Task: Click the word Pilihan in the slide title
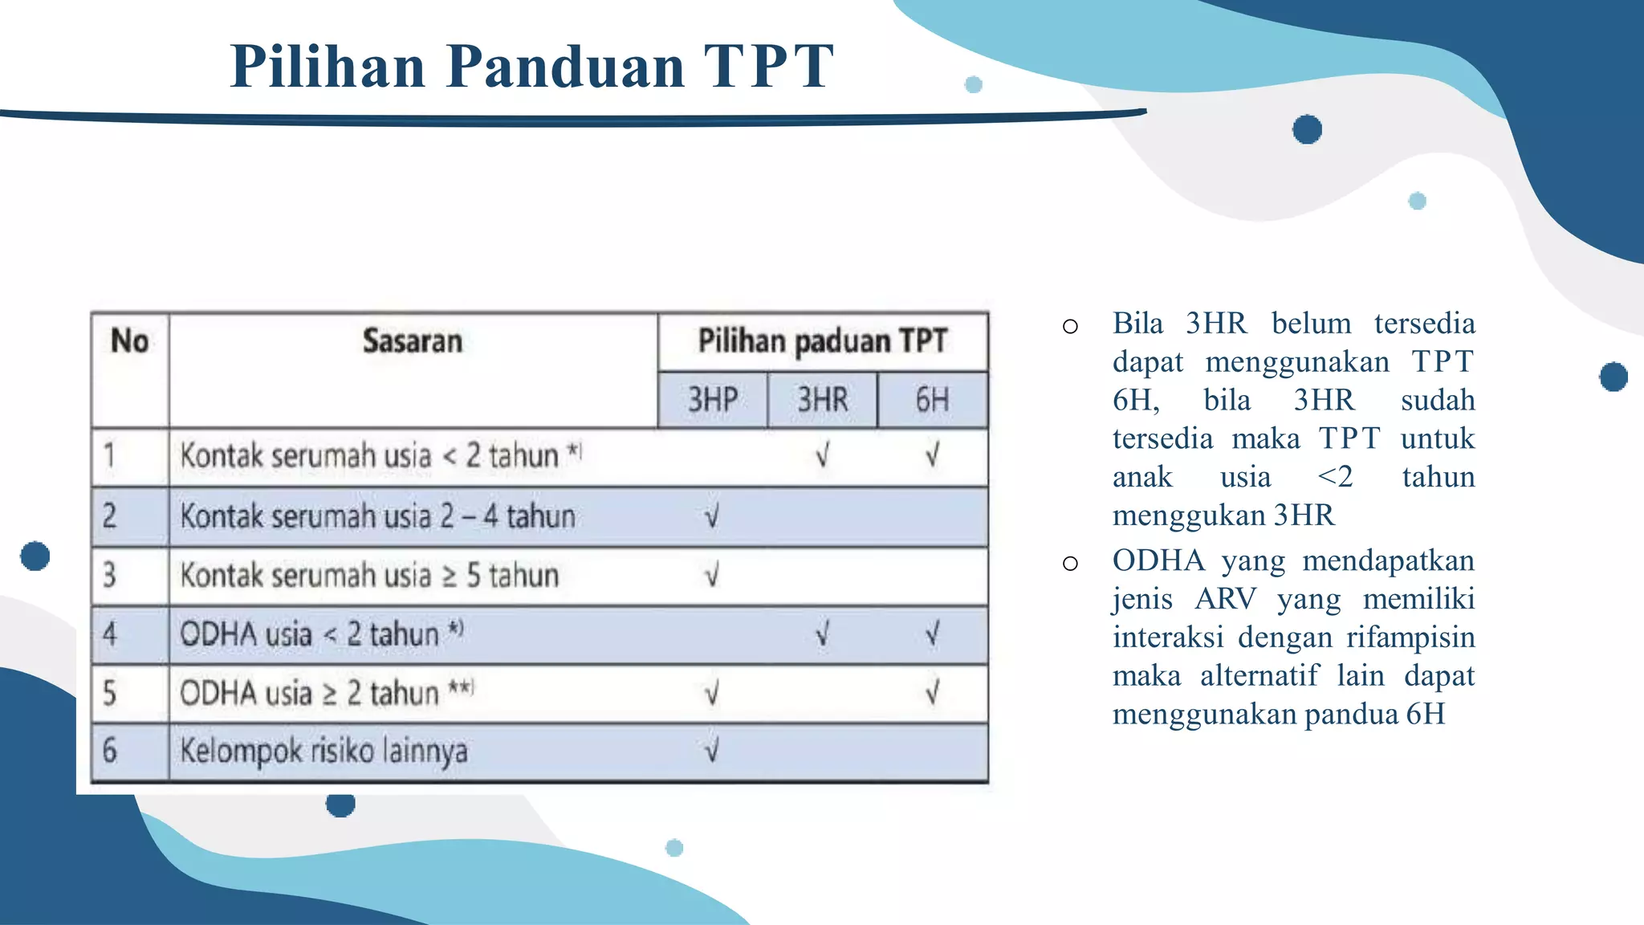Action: click(328, 66)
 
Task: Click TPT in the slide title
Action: click(768, 66)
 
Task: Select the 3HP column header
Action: click(712, 400)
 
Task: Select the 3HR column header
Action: click(822, 400)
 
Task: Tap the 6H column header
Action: click(932, 400)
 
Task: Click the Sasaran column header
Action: click(413, 341)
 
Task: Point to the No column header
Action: click(129, 341)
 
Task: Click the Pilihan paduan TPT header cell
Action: click(822, 341)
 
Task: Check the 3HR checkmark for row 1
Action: click(822, 456)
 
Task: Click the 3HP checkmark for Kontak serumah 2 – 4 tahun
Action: click(712, 516)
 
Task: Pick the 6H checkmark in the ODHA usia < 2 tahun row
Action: click(932, 634)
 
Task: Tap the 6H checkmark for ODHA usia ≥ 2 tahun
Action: click(932, 692)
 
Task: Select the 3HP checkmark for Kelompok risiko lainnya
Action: click(712, 751)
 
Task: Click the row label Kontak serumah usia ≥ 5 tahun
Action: click(369, 576)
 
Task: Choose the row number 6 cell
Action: click(111, 751)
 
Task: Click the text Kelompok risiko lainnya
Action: click(324, 751)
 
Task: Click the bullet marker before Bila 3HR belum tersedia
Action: click(1069, 326)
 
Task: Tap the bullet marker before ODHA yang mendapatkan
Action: click(1069, 563)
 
